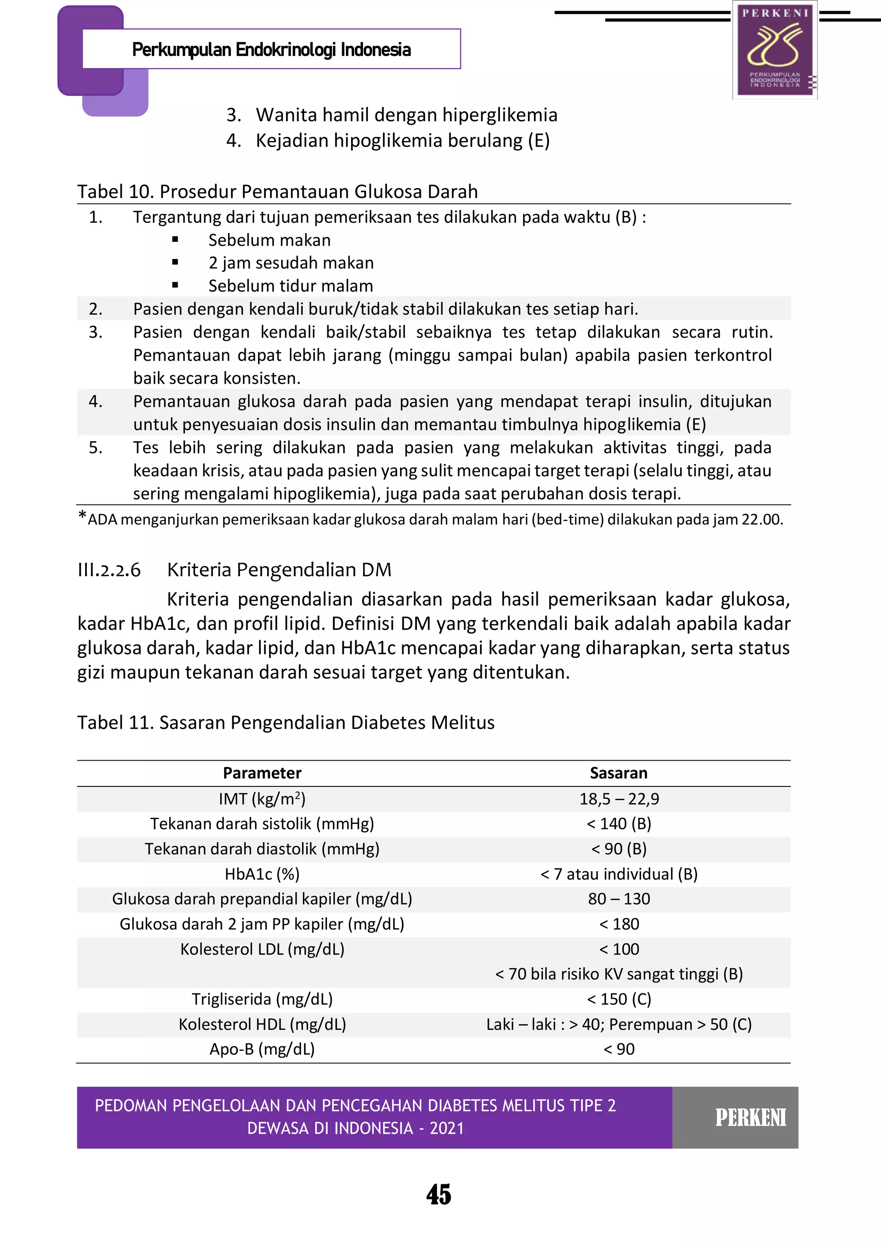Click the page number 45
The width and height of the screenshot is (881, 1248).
[439, 1194]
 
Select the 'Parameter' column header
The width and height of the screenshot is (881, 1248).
[262, 773]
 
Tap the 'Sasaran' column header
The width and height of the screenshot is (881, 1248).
[619, 773]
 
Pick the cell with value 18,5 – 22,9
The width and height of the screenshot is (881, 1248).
[619, 798]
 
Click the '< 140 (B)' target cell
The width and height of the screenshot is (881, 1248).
[619, 823]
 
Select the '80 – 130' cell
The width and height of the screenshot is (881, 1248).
[619, 899]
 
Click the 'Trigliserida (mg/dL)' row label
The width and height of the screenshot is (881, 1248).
[262, 998]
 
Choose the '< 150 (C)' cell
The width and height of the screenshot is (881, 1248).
[619, 998]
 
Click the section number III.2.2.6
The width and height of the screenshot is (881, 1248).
[109, 570]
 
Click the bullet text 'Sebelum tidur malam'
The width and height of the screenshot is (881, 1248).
[290, 286]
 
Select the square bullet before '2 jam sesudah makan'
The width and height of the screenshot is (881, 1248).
[175, 262]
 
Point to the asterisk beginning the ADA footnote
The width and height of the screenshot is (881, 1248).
[82, 515]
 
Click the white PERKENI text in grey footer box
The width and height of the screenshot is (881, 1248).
[750, 1118]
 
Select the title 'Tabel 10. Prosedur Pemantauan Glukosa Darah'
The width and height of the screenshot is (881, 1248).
[277, 191]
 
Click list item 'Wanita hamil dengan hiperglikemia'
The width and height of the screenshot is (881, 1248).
[407, 115]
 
